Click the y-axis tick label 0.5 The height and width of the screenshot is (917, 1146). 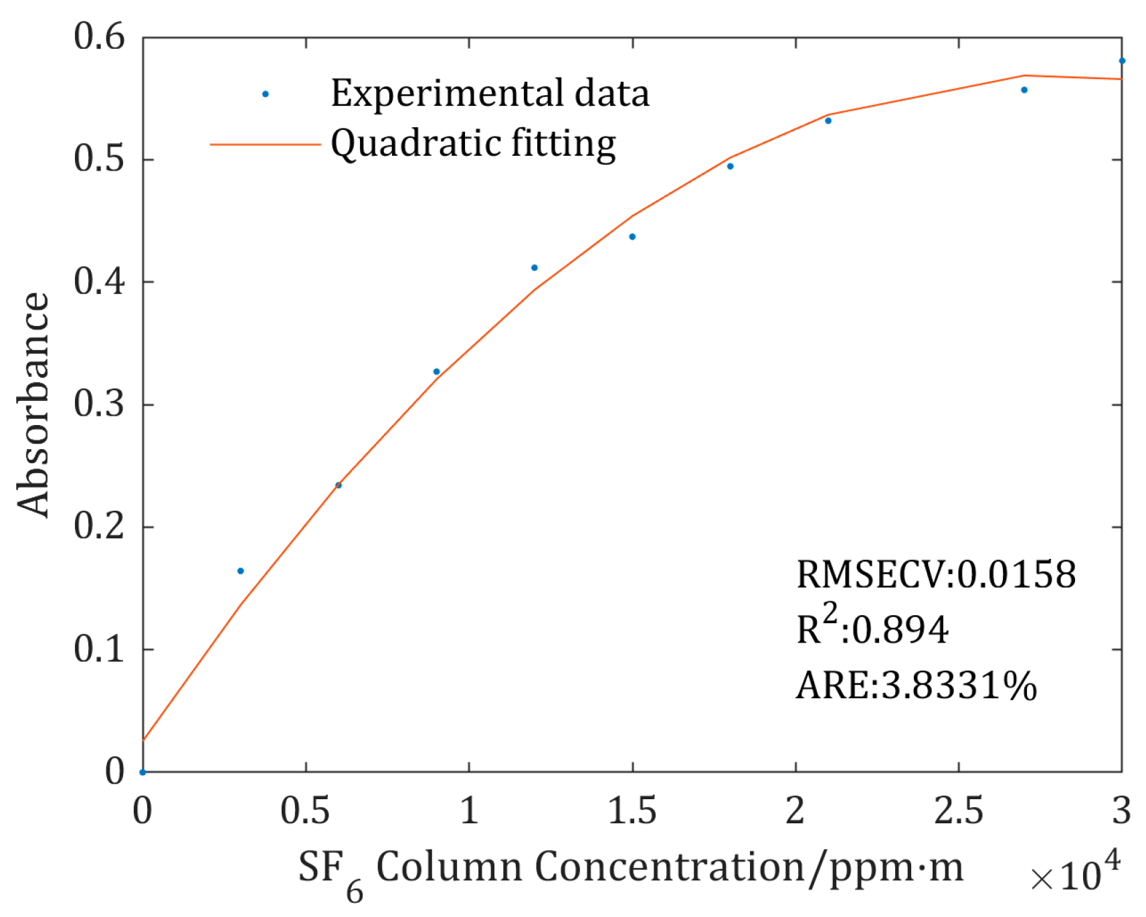point(99,159)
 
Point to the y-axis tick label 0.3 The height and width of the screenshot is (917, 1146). point(99,404)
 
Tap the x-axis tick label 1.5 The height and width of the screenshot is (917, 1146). point(632,811)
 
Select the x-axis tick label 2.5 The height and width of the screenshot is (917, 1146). point(958,811)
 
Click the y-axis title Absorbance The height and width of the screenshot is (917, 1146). point(33,404)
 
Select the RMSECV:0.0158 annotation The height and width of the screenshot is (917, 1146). point(935,574)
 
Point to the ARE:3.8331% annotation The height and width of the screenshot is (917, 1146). point(916,685)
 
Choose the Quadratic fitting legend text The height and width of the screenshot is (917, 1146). point(473,144)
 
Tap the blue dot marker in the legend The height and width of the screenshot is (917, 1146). point(266,94)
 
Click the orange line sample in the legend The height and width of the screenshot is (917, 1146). point(266,144)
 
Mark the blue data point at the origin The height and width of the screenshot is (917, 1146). point(142,772)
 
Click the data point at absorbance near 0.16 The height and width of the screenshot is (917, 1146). point(241,571)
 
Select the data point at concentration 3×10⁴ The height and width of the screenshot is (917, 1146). point(1122,61)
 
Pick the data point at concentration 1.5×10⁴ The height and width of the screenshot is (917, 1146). point(632,237)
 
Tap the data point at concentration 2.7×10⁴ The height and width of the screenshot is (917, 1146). point(1024,90)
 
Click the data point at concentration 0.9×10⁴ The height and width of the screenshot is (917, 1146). point(436,371)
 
